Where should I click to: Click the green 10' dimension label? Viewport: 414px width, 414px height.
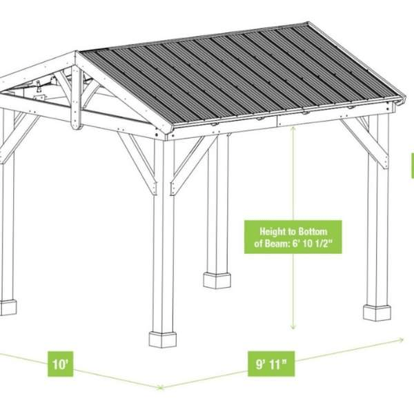(61, 364)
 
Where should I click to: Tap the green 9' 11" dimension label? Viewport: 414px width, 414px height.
(271, 364)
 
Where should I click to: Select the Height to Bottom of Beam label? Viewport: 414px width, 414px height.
(293, 237)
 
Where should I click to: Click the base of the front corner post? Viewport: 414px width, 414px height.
(163, 339)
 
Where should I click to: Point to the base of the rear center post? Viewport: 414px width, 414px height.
(217, 280)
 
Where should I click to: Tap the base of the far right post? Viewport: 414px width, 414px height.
(377, 313)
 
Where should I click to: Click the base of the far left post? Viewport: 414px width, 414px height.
(8, 307)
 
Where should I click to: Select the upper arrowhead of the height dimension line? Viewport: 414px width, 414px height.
(293, 129)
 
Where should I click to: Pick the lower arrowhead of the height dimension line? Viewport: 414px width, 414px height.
(293, 327)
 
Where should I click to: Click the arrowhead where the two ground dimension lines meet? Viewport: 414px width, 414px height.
(160, 388)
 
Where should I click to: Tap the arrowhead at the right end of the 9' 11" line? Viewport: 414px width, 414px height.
(402, 339)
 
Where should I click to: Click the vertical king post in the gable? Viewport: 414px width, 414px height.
(76, 97)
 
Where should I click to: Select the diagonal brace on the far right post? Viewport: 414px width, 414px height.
(365, 144)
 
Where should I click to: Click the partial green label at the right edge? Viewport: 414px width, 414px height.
(413, 166)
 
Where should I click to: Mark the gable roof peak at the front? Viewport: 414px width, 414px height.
(76, 54)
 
